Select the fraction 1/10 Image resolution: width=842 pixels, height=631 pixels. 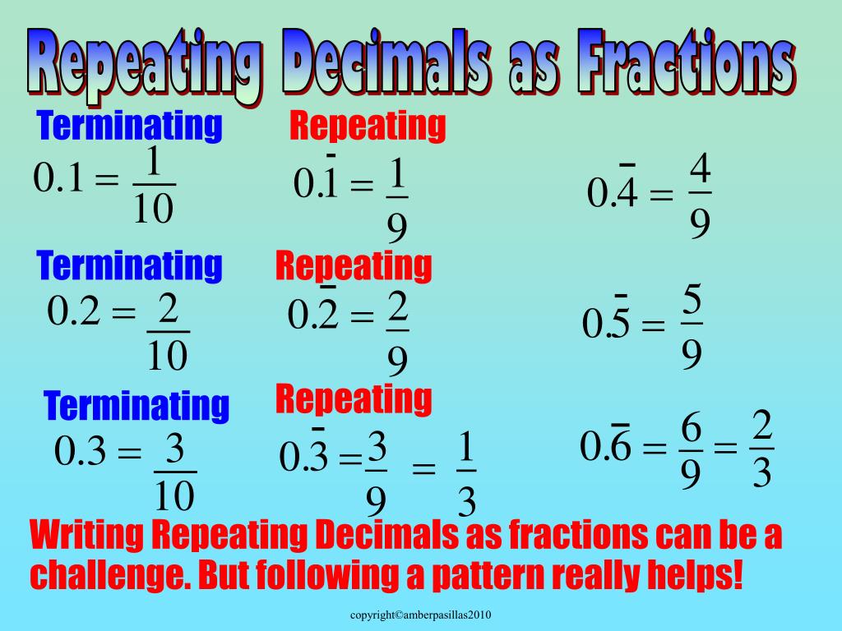click(x=152, y=186)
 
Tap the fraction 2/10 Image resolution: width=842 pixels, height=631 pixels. click(x=168, y=331)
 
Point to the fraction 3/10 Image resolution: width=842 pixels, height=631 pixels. click(x=174, y=472)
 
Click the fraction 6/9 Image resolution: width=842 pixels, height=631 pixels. click(x=691, y=450)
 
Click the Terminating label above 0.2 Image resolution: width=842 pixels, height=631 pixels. click(x=130, y=266)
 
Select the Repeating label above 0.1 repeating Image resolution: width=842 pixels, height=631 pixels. click(x=368, y=127)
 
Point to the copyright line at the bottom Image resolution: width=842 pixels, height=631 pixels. click(x=420, y=615)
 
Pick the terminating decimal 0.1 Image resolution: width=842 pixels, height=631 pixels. click(x=59, y=178)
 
